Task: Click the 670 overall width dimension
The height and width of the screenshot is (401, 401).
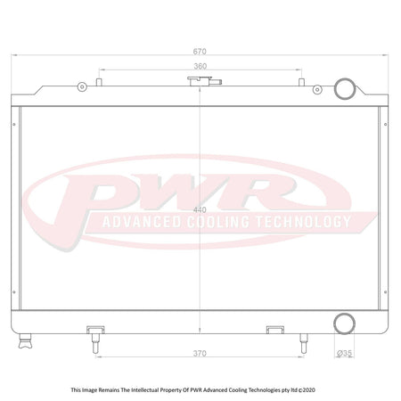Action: tap(200, 52)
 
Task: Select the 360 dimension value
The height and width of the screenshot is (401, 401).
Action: tap(200, 66)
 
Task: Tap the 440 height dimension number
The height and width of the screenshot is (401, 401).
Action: tap(200, 210)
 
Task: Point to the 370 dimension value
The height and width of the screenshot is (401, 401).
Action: tap(200, 354)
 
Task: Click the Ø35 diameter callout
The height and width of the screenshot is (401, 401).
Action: tap(344, 353)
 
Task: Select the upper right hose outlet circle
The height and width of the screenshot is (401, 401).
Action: tap(345, 78)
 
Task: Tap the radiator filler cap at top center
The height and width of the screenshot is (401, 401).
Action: tap(204, 81)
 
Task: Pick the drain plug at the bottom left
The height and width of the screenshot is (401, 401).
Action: tap(25, 340)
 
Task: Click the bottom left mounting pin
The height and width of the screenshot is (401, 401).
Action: tap(95, 343)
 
